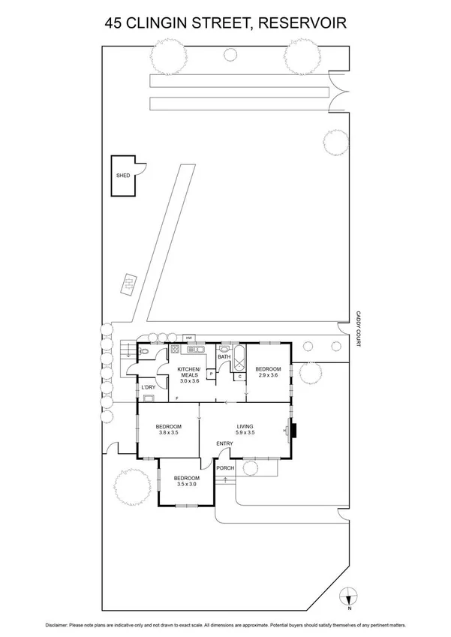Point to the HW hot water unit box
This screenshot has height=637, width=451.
coord(189,338)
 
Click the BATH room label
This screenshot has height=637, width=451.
coord(224,357)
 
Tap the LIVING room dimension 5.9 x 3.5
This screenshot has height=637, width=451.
coord(246,432)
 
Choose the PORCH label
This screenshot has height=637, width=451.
coord(225,468)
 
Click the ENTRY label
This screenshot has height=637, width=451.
coord(224,444)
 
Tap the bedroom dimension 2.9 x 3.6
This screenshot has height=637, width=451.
coord(268,374)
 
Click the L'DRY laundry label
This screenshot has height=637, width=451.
coord(149,387)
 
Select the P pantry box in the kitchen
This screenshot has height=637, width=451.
coord(212,374)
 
